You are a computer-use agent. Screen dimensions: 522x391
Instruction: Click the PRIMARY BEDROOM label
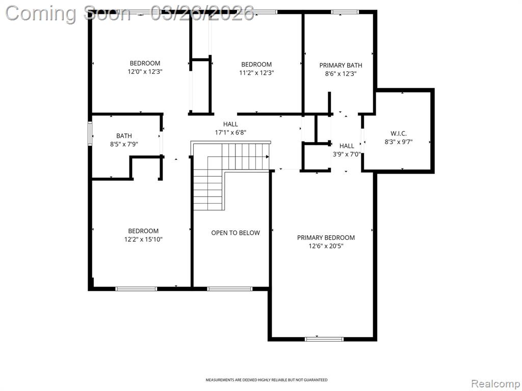tap(326, 237)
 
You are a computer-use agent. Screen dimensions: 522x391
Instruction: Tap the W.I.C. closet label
tap(399, 134)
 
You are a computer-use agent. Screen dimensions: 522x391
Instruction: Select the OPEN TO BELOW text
tap(236, 233)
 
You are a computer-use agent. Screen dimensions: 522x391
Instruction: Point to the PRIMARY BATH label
tap(341, 65)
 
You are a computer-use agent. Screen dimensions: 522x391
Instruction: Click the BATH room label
tap(124, 135)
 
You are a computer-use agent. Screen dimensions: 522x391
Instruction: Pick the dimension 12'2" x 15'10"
tap(143, 239)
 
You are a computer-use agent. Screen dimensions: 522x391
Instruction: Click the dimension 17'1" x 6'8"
tap(230, 132)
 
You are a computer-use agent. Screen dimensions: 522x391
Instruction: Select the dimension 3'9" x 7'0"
tap(347, 154)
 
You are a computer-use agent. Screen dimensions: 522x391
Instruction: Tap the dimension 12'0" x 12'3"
tap(145, 71)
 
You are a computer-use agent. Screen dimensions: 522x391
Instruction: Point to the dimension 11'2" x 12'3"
tap(256, 73)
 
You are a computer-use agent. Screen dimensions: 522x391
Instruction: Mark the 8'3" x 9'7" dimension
tap(399, 142)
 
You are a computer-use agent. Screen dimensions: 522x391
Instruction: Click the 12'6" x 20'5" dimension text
tap(326, 246)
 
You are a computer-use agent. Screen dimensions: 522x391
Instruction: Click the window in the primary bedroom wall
tap(324, 339)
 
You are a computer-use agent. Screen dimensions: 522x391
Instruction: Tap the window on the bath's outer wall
tap(90, 134)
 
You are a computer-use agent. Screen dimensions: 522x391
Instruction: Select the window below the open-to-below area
tap(230, 289)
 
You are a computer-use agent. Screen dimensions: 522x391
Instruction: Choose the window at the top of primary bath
tap(345, 12)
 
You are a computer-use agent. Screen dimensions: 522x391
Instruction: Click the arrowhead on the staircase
tap(267, 156)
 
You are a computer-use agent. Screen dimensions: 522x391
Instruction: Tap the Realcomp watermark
tap(496, 383)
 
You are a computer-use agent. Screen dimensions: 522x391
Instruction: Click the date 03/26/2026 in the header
tap(202, 13)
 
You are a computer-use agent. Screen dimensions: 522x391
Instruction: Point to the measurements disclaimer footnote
tap(266, 380)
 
